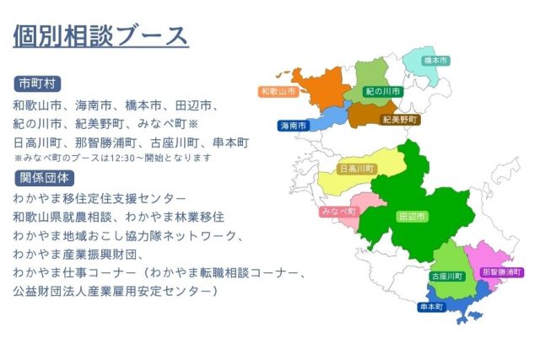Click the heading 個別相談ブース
pyautogui.click(x=101, y=35)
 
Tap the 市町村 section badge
pyautogui.click(x=37, y=84)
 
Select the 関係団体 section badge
pyautogui.click(x=45, y=178)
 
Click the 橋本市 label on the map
pyautogui.click(x=435, y=61)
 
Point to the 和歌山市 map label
pyautogui.click(x=278, y=92)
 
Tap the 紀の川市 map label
pyautogui.click(x=383, y=92)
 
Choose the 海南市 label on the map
pyautogui.click(x=293, y=126)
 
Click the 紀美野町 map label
pyautogui.click(x=400, y=120)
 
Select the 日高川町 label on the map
pyautogui.click(x=357, y=169)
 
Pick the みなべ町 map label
pyautogui.click(x=339, y=212)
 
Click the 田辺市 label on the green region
pyautogui.click(x=413, y=217)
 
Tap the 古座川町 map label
pyautogui.click(x=447, y=277)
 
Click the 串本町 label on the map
pyautogui.click(x=431, y=307)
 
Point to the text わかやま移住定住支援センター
pyautogui.click(x=100, y=199)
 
